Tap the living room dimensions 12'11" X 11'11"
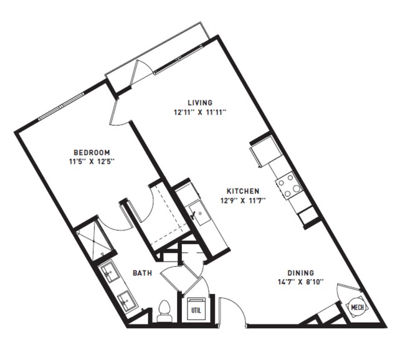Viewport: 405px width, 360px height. pos(200,113)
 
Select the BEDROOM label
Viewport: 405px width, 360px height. pos(92,153)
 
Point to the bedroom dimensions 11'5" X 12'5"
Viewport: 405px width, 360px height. pos(92,162)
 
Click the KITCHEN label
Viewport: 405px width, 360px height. pos(242,191)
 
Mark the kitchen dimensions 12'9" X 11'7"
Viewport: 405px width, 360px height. pos(242,201)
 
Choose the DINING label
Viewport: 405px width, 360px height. pos(300,273)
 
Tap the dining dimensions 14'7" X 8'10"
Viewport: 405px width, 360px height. pos(300,282)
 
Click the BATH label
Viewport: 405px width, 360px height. pos(143,273)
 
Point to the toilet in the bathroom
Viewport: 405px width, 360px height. pos(164,311)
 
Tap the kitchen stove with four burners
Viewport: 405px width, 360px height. pos(289,185)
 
